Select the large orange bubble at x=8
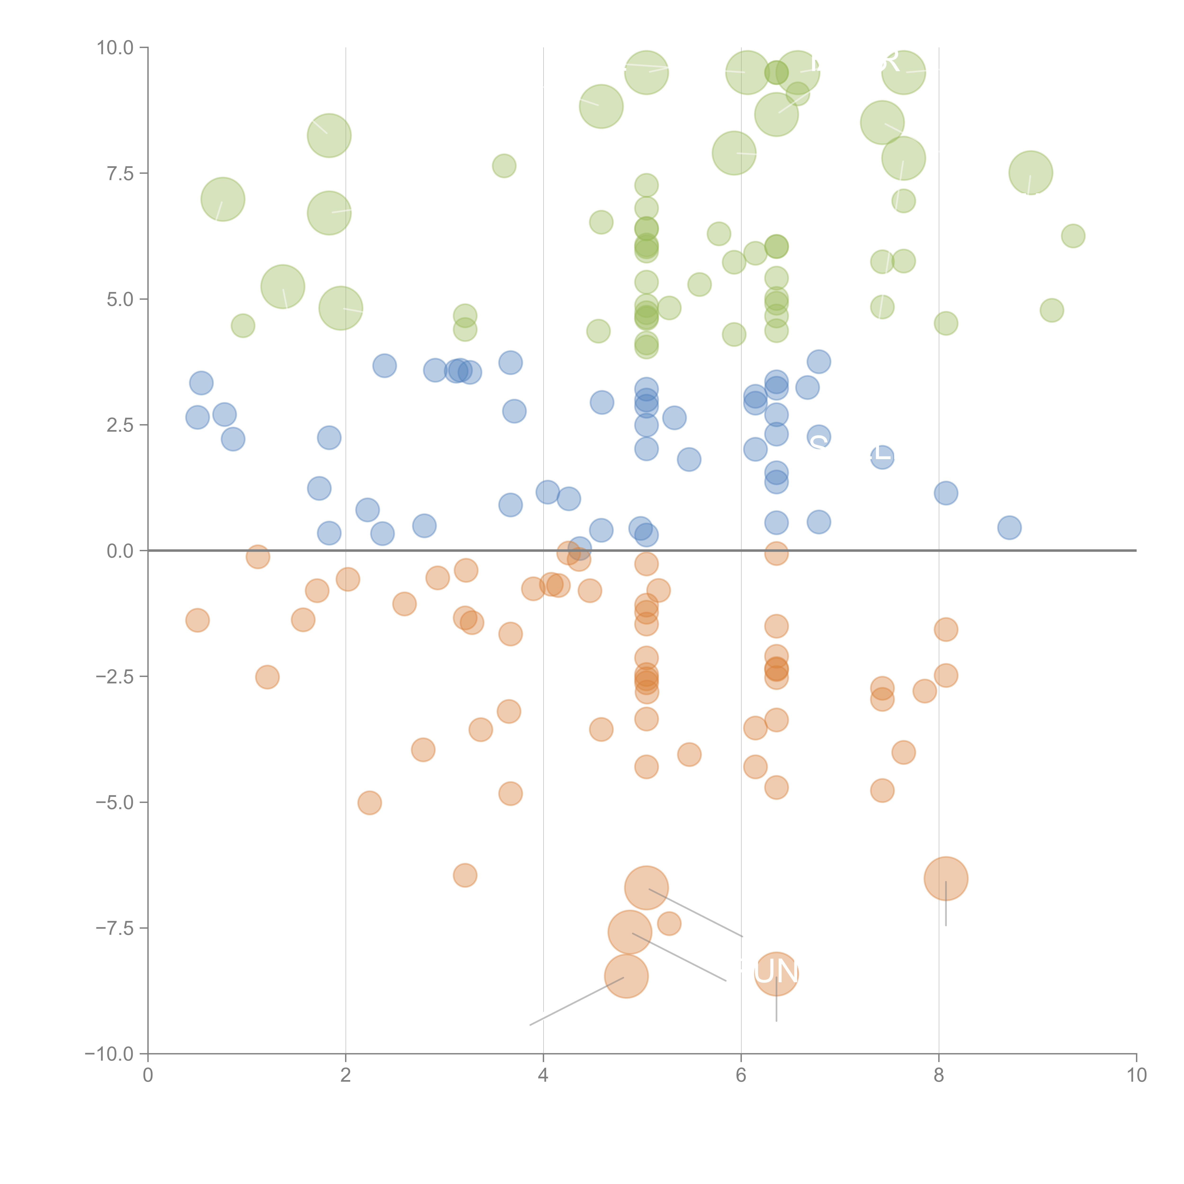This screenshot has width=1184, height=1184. (946, 878)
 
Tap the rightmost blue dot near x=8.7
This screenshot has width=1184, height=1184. (1009, 528)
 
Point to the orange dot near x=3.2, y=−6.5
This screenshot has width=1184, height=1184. (465, 875)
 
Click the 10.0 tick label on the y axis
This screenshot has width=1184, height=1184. (115, 48)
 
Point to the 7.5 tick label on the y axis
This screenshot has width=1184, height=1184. (120, 173)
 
